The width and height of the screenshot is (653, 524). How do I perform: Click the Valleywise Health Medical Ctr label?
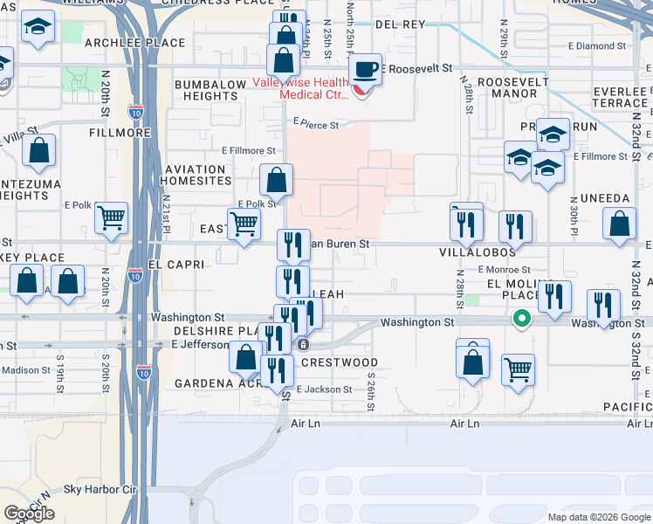301,88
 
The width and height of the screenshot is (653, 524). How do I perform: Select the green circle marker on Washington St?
521,319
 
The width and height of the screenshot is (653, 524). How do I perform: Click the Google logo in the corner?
29,514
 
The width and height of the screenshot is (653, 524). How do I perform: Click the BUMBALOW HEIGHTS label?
210,90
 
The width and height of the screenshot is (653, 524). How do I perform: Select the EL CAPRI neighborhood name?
175,264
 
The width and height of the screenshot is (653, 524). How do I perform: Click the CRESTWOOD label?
339,362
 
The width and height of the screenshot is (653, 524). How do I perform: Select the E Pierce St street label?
315,125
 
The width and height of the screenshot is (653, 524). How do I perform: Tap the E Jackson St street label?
324,390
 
